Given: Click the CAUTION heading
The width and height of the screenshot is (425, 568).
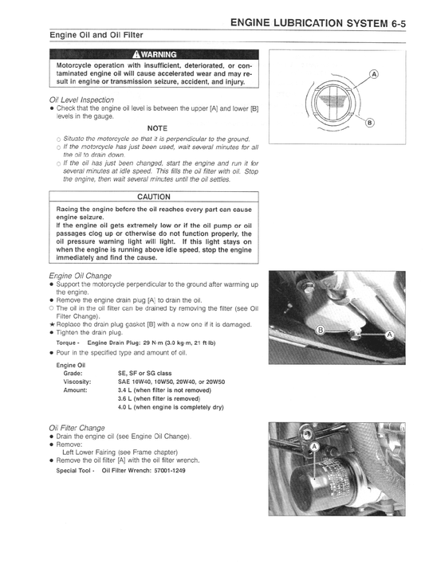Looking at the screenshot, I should [x=153, y=197].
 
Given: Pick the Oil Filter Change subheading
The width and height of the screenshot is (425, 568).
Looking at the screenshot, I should [x=77, y=427].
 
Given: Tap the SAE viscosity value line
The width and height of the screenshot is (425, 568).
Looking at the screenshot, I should [x=171, y=382].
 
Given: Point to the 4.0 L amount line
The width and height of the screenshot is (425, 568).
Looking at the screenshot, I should [x=170, y=407].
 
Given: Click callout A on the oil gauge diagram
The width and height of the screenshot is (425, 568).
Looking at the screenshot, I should [x=374, y=76].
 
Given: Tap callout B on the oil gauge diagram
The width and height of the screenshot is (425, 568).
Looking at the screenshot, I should [x=368, y=123].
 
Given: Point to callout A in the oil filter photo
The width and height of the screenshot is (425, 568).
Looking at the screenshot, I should [x=314, y=449].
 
